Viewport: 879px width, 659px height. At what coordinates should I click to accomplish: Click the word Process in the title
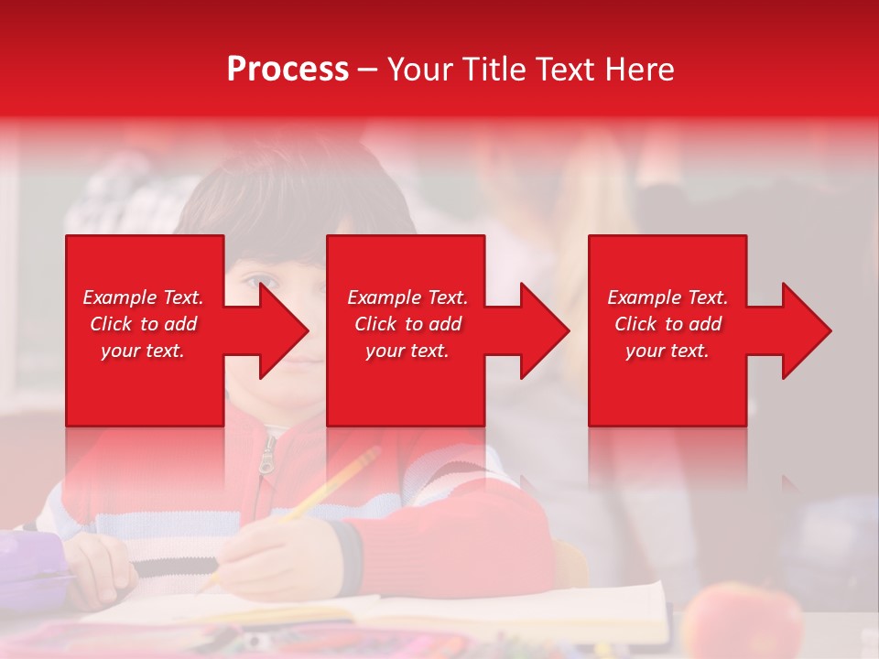tap(288, 70)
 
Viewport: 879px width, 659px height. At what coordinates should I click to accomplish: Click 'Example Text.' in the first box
tap(143, 297)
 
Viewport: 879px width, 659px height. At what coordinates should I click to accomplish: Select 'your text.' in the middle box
tap(407, 351)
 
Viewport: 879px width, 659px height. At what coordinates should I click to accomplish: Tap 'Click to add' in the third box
tap(667, 324)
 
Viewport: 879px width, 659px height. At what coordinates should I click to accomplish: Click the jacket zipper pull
tap(266, 458)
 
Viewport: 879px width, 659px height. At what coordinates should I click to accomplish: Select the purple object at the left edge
tap(27, 558)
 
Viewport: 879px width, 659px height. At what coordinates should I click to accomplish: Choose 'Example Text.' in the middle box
tap(407, 297)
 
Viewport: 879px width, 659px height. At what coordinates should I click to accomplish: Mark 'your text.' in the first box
tap(143, 351)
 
